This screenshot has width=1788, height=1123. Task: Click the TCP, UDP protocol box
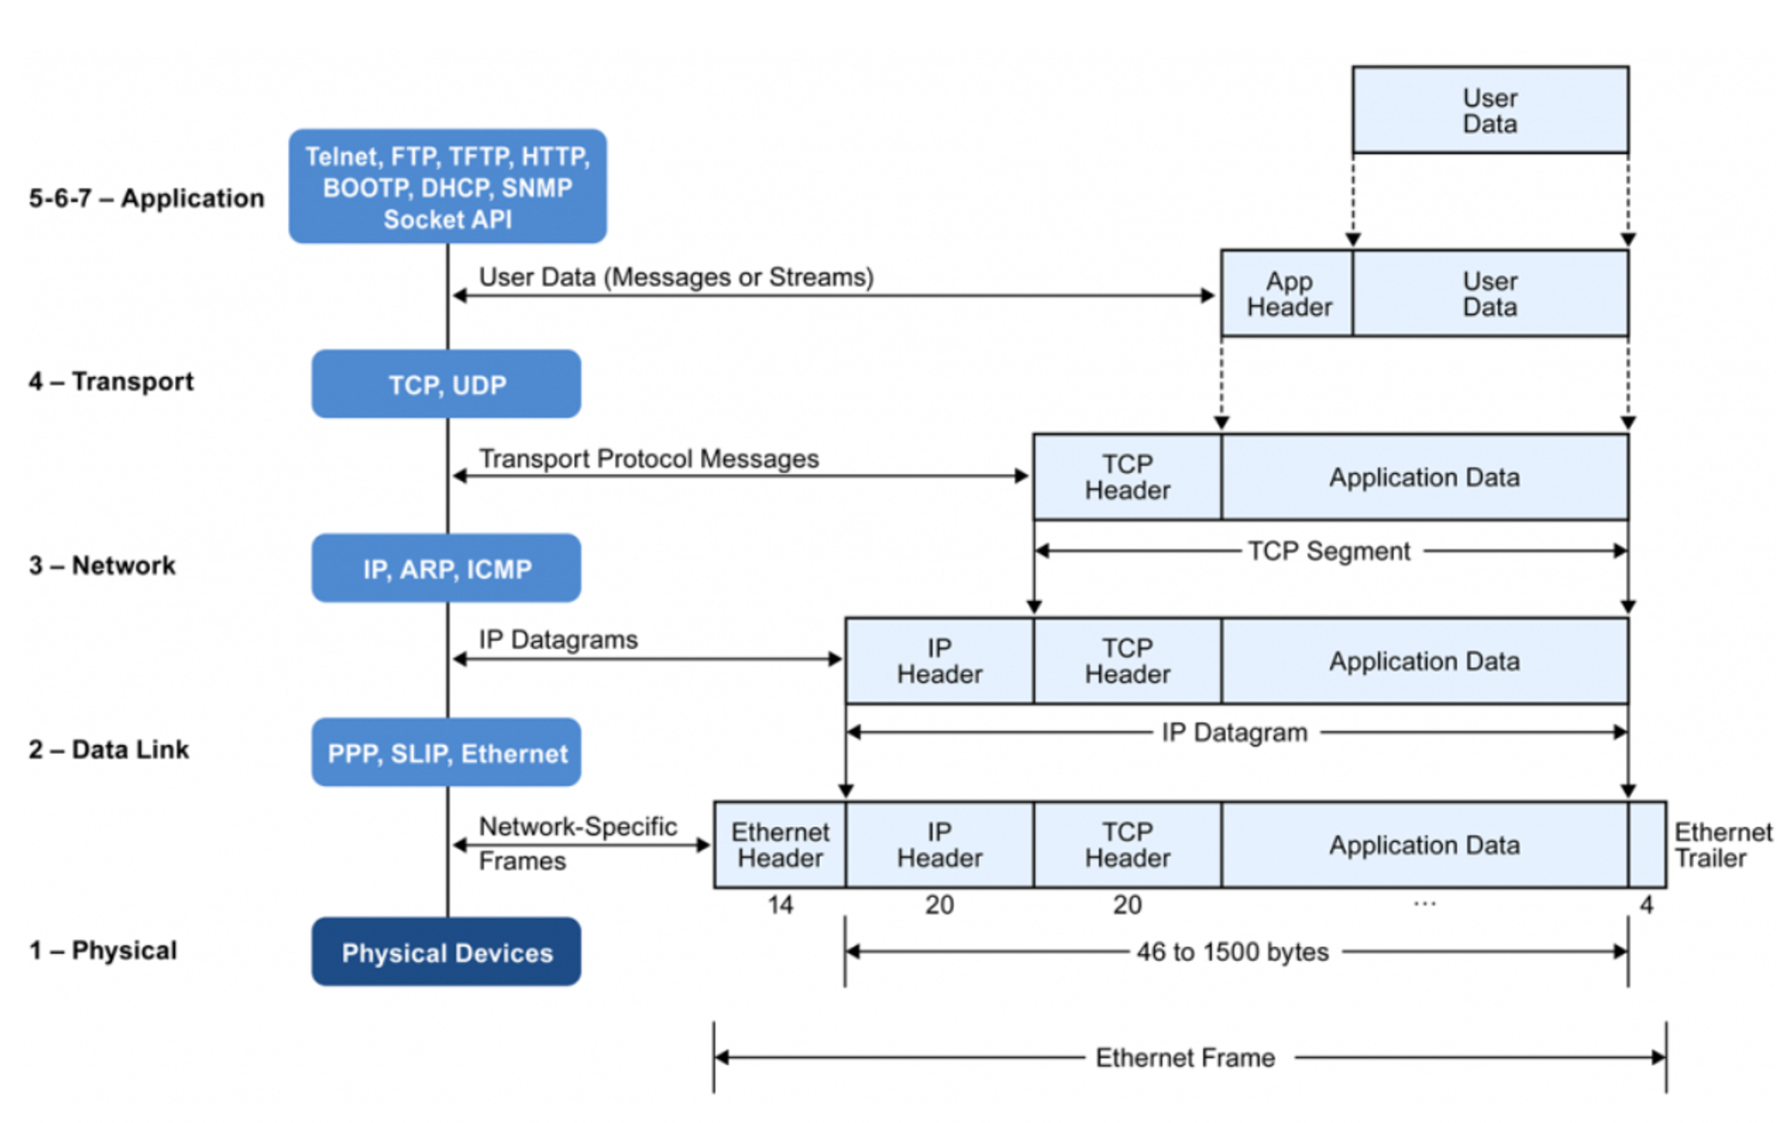tap(446, 384)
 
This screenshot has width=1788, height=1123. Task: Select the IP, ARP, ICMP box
tap(446, 569)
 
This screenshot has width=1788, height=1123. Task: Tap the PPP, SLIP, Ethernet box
tap(446, 753)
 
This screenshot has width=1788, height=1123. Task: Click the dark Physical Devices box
tap(446, 952)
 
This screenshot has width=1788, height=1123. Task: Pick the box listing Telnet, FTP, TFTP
tap(447, 187)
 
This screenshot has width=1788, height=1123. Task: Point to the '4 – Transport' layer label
tap(111, 381)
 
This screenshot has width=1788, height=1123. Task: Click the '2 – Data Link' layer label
tap(109, 749)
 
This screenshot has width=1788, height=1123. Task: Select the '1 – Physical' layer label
tap(103, 950)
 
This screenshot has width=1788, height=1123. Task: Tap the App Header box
tap(1288, 294)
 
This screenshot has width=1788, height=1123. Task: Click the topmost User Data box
tap(1489, 110)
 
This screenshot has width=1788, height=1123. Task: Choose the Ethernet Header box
tap(780, 845)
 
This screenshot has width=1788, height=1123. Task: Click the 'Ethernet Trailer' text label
tap(1722, 845)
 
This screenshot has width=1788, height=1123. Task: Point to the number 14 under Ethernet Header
tap(780, 905)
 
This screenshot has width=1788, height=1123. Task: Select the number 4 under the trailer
tap(1646, 905)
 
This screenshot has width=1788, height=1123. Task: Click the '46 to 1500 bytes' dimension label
tap(1232, 951)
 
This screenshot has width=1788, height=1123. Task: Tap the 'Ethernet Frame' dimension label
tap(1185, 1058)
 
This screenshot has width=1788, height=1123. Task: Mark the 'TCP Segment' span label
tap(1328, 551)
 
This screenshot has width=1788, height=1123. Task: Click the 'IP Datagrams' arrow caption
tap(558, 639)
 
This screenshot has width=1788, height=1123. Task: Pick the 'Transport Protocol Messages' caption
tap(648, 459)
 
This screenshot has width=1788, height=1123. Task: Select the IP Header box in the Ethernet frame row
tap(939, 845)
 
